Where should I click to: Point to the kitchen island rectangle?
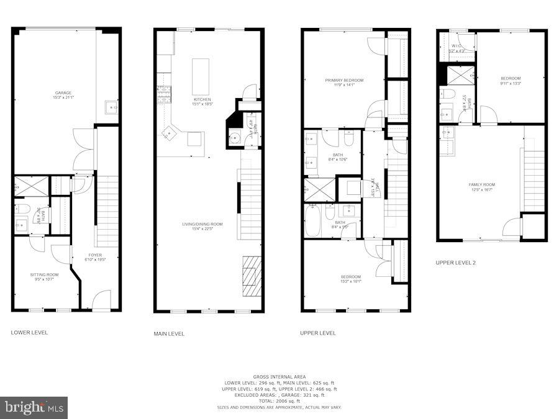[201, 75]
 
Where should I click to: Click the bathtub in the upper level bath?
[312, 221]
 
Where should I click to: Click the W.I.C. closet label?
[456, 46]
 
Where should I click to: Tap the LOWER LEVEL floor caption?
[29, 333]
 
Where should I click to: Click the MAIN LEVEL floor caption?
[169, 334]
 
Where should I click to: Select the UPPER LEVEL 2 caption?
[455, 263]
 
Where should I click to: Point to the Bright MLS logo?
[35, 408]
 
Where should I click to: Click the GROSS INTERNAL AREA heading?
[279, 377]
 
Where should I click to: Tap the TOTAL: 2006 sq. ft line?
[279, 401]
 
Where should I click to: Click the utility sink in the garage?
[112, 107]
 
